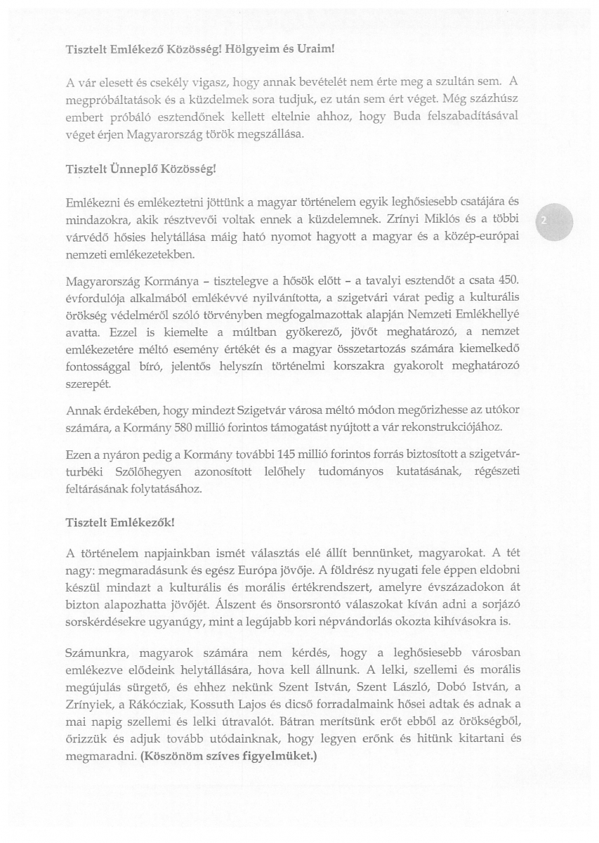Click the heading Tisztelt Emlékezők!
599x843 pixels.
pos(120,523)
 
